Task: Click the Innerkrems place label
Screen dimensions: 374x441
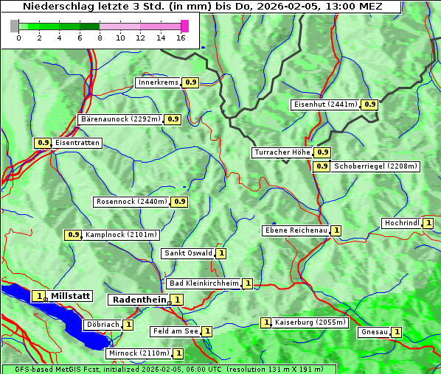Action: point(158,82)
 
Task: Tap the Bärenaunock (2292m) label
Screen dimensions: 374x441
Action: point(120,119)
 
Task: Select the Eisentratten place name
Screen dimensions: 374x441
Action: point(76,143)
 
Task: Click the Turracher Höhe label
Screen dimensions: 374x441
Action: point(282,152)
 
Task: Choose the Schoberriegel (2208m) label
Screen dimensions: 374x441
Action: point(375,166)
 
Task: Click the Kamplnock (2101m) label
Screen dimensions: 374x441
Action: point(121,235)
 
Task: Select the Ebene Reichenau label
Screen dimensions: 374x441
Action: point(296,230)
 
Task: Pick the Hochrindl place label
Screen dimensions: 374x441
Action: point(402,223)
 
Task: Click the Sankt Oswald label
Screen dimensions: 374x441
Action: point(188,253)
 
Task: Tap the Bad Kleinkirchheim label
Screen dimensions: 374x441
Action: point(204,283)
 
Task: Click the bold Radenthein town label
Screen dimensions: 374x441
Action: point(139,300)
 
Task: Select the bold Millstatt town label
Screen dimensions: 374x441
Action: point(70,296)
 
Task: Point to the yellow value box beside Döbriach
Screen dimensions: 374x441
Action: point(128,324)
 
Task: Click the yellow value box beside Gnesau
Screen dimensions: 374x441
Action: point(397,332)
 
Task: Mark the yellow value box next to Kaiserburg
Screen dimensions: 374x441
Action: point(266,322)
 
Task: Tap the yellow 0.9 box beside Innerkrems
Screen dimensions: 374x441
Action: point(190,82)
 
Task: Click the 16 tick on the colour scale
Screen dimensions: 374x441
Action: point(181,38)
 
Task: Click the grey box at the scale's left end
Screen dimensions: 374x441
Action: point(15,26)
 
